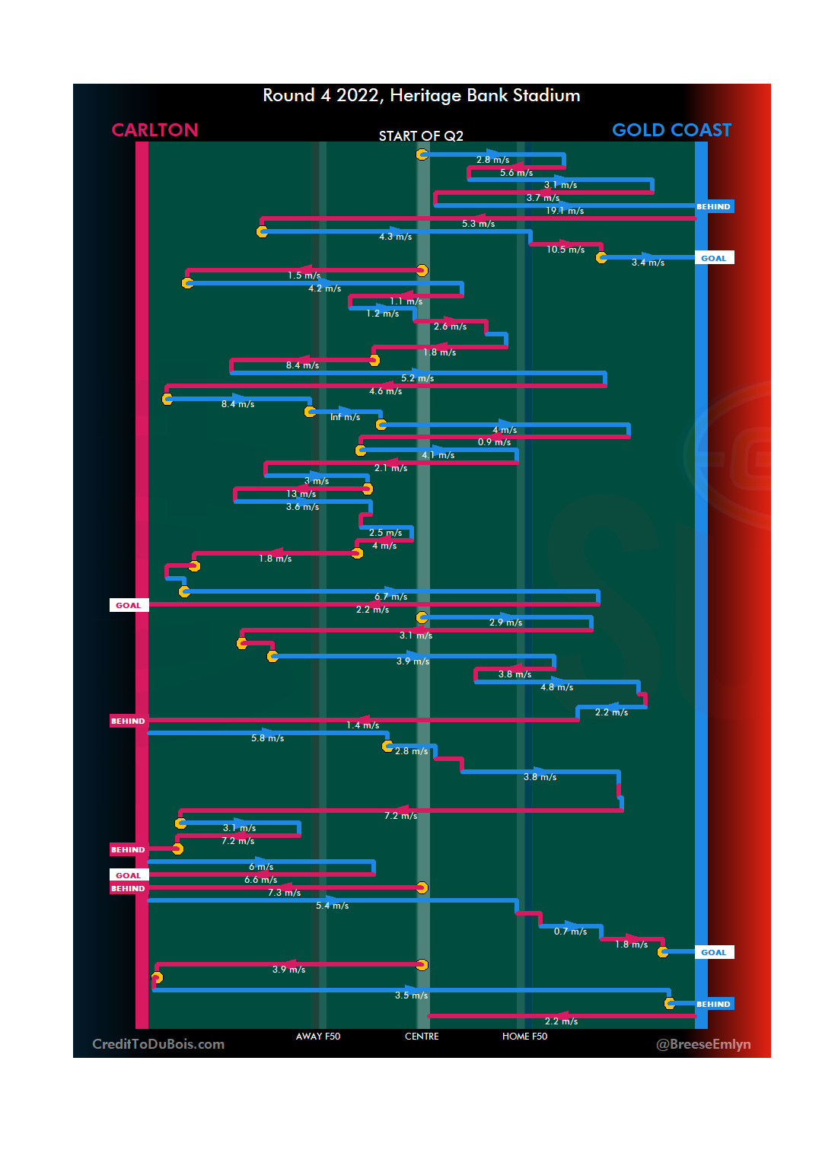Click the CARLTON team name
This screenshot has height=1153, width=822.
pos(155,130)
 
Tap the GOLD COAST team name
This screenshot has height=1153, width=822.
pos(671,130)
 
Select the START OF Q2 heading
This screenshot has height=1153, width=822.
pos(421,136)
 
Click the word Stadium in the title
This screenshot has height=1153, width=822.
pos(546,95)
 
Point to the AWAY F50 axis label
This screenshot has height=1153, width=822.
pos(318,1037)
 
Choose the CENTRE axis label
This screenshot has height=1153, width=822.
pos(422,1037)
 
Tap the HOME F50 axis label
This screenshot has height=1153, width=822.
pos(524,1037)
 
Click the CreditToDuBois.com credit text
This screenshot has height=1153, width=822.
pos(158,1044)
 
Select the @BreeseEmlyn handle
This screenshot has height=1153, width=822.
pos(703,1044)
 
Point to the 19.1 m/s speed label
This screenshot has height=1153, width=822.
pos(565,211)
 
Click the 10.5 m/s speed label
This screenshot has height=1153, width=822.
pos(566,250)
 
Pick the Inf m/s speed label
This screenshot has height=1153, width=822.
pos(345,417)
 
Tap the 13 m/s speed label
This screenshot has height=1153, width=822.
pos(301,494)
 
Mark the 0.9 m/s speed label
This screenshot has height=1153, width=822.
pos(494,442)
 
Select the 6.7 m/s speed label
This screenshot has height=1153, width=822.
pos(390,597)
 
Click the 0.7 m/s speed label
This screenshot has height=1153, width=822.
pos(570,932)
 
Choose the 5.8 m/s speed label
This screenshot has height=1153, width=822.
pos(267,738)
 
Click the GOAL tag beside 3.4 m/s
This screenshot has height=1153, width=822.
pos(713,258)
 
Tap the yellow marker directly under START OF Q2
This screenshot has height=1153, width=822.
pos(422,154)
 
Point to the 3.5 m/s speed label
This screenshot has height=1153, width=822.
pos(411,995)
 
